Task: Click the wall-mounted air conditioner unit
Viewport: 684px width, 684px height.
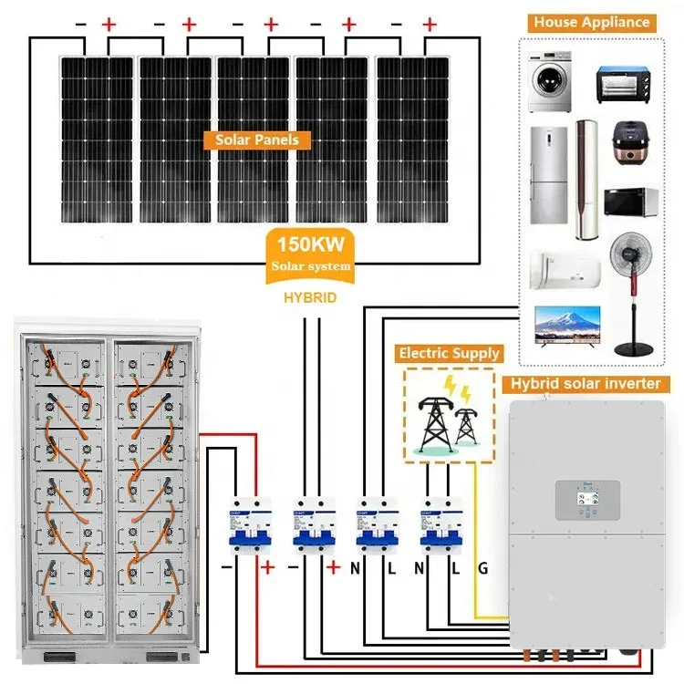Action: (x=565, y=267)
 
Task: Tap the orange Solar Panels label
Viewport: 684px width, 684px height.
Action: (x=256, y=140)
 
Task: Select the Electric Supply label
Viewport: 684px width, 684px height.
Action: (x=448, y=352)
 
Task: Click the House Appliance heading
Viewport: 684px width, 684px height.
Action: (x=593, y=22)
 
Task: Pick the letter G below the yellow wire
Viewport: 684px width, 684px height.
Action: (x=483, y=568)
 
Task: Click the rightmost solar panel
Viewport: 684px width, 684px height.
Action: (x=412, y=138)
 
